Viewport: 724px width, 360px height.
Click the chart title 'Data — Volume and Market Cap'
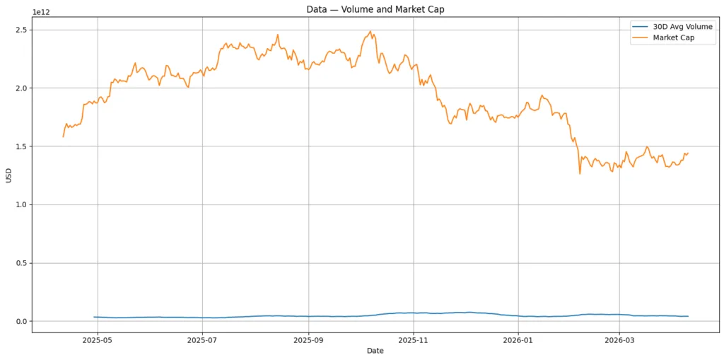pyautogui.click(x=375, y=9)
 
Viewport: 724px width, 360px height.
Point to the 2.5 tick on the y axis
pyautogui.click(x=21, y=30)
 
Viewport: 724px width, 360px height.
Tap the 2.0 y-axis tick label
pyautogui.click(x=21, y=88)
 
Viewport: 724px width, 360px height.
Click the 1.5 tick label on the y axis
pyautogui.click(x=21, y=146)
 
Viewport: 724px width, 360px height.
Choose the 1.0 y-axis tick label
pyautogui.click(x=21, y=205)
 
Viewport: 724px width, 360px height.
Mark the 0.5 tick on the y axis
pyautogui.click(x=21, y=263)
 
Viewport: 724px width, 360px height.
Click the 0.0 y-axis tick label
pyautogui.click(x=21, y=322)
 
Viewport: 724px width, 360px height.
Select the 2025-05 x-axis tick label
pyautogui.click(x=98, y=339)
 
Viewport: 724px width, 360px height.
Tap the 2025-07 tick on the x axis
pyautogui.click(x=203, y=339)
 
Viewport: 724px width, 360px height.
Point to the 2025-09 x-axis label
pyautogui.click(x=308, y=339)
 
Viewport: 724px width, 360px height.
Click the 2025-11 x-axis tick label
pyautogui.click(x=414, y=339)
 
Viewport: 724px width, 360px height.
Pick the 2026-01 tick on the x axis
pyautogui.click(x=518, y=339)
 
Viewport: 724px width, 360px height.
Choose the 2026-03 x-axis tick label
pyautogui.click(x=619, y=339)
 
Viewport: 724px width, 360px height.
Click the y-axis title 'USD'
pyautogui.click(x=9, y=175)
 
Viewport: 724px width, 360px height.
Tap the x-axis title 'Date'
pyautogui.click(x=375, y=351)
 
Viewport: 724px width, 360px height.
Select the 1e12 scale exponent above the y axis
pyautogui.click(x=42, y=12)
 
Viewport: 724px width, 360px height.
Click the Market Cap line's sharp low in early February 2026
pyautogui.click(x=580, y=173)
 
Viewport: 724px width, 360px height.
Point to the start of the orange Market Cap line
pyautogui.click(x=63, y=137)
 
